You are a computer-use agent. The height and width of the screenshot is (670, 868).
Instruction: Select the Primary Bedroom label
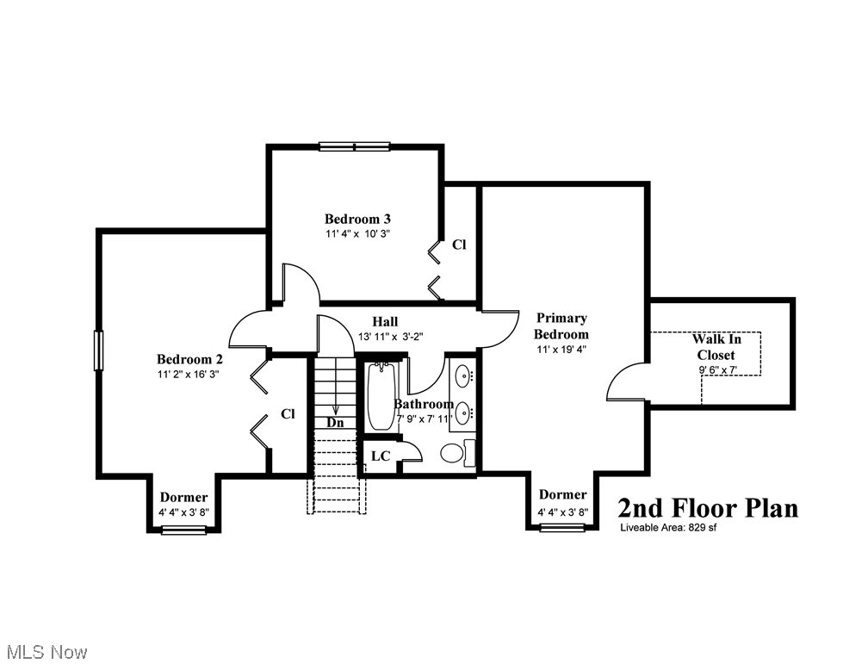pos(561,326)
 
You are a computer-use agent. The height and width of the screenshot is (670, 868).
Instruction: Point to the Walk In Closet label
pos(716,347)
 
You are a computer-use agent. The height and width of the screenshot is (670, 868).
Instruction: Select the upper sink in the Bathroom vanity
pos(462,376)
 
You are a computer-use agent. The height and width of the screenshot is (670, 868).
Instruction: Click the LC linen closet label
pos(380,455)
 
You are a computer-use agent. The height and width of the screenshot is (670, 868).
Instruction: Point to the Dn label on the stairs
pos(335,423)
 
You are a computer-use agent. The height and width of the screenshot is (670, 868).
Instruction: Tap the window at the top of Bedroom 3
pos(354,146)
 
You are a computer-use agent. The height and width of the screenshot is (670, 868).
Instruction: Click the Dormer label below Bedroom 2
pos(183,498)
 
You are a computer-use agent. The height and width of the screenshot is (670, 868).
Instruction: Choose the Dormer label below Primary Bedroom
pos(562,494)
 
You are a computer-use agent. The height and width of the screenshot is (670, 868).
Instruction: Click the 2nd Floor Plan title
pos(707,507)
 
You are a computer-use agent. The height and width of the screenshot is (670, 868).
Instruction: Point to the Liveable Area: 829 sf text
pos(667,528)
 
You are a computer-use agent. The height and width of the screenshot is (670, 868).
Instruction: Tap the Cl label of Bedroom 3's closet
pos(459,245)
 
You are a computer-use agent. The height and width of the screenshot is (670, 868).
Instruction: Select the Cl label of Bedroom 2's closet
pos(288,414)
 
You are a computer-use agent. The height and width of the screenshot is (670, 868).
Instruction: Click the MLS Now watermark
pos(45,652)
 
